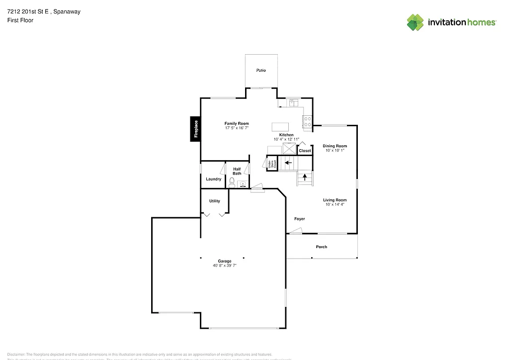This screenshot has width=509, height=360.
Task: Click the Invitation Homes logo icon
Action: click(416, 22)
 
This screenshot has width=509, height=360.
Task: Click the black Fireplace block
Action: click(196, 129)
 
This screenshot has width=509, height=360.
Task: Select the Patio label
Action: click(261, 70)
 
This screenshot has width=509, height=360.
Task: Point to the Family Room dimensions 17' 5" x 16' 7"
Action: click(237, 128)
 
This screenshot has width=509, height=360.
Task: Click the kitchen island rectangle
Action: click(280, 126)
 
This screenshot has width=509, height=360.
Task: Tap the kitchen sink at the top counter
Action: click(293, 103)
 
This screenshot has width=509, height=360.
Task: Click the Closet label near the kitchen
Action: click(305, 151)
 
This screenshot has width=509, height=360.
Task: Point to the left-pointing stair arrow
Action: click(288, 162)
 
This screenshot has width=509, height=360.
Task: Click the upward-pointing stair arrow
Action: click(305, 177)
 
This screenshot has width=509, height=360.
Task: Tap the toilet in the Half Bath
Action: click(232, 182)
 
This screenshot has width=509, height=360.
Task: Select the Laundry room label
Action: click(214, 179)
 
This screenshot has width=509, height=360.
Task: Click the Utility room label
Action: click(214, 201)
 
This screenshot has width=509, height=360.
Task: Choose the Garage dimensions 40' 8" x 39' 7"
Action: click(224, 266)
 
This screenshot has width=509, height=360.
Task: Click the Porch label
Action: click(322, 247)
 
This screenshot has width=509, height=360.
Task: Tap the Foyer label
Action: click(299, 219)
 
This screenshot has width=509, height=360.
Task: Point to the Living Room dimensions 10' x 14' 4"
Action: click(335, 204)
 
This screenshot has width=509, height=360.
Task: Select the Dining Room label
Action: click(335, 146)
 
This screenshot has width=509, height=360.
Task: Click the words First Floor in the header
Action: click(20, 20)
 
